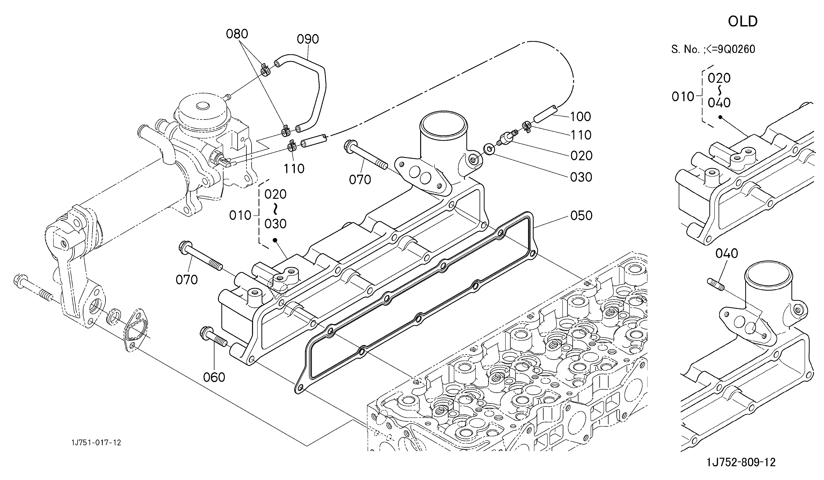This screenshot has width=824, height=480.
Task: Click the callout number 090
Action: coord(308,39)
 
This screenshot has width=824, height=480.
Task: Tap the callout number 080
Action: coord(237,34)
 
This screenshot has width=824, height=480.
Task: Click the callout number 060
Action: coord(214,377)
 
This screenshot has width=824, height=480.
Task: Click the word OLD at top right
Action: coord(743,22)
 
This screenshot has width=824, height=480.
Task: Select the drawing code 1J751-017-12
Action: coord(96,443)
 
